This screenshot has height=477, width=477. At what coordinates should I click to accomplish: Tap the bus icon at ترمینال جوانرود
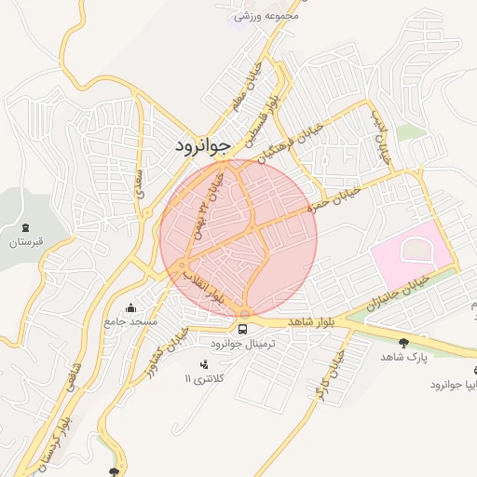(x=243, y=328)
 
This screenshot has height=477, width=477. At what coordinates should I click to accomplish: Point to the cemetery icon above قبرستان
(x=25, y=227)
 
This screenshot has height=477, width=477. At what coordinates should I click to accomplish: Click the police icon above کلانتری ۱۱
(x=204, y=363)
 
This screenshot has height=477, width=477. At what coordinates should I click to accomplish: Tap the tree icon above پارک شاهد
(x=402, y=343)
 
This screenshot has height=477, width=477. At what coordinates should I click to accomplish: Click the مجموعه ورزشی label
(x=266, y=16)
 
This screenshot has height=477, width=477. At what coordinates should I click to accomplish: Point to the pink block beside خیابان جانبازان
(x=410, y=252)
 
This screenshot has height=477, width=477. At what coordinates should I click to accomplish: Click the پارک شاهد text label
(x=402, y=358)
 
